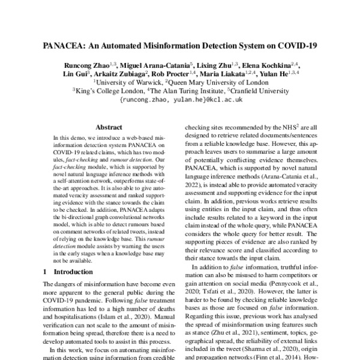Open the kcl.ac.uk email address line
pos(181,100)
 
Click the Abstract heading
pos(109,127)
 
